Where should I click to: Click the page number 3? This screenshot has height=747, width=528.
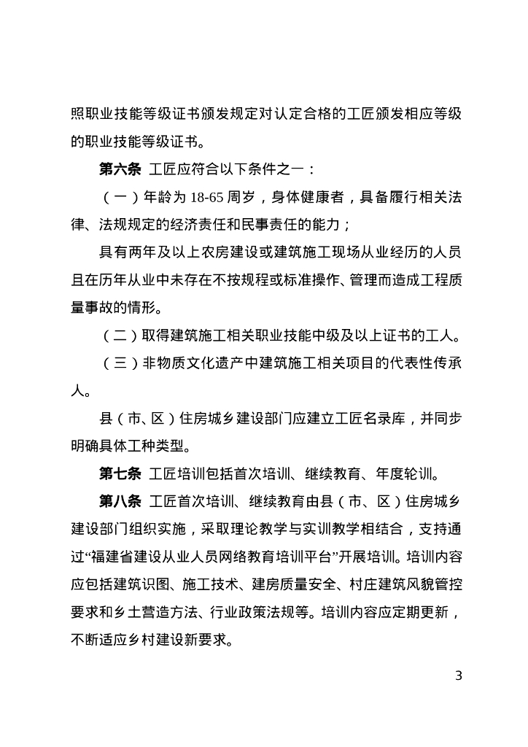point(458,675)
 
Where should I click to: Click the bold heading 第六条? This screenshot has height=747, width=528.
point(120,169)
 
